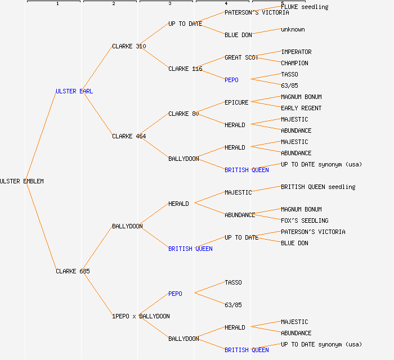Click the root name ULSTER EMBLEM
click(21, 181)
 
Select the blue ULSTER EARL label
click(74, 91)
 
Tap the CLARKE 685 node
click(73, 271)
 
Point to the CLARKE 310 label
click(129, 46)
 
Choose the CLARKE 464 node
click(129, 136)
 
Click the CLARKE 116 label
click(185, 69)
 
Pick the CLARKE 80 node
click(183, 114)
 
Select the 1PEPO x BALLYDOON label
click(141, 316)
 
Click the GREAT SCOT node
click(241, 57)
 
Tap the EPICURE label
click(236, 102)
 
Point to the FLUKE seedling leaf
click(305, 7)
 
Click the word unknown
click(293, 29)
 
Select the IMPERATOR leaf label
click(296, 52)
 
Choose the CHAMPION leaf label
click(294, 63)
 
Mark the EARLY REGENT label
click(301, 108)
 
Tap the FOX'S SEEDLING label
click(305, 220)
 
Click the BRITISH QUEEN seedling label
click(318, 187)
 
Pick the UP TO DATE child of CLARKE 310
click(185, 24)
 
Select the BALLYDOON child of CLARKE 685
click(127, 226)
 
